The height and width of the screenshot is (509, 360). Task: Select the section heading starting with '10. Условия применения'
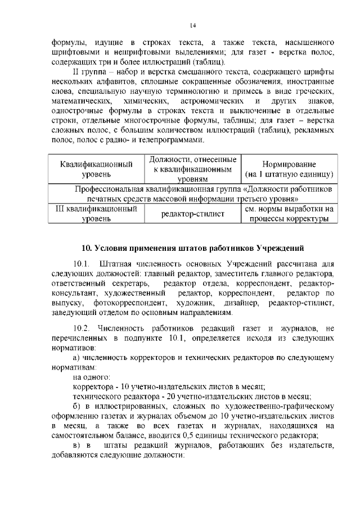coord(193,247)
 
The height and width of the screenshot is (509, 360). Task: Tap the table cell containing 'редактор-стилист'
coord(192,214)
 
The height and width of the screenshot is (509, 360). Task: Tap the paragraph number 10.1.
coord(82,264)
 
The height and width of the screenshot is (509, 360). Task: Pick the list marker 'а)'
coord(78,357)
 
